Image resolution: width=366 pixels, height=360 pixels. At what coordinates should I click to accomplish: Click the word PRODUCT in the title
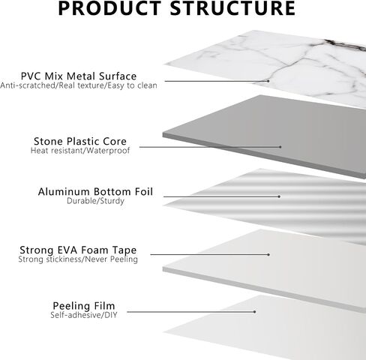[109, 8]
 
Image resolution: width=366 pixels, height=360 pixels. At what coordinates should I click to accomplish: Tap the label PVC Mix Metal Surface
[79, 76]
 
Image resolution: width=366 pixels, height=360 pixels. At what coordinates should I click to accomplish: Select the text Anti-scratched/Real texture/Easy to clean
[79, 85]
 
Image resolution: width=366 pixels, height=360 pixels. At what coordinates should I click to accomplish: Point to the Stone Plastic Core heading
[80, 141]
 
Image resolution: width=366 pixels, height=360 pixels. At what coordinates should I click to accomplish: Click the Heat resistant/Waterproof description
[80, 151]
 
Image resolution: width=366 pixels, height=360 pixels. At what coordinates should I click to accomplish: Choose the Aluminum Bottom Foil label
[95, 191]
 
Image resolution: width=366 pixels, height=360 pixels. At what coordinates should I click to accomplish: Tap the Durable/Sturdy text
[95, 201]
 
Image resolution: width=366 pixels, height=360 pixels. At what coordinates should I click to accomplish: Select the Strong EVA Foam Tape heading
[78, 250]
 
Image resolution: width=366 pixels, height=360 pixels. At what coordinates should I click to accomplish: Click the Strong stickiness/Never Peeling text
[78, 259]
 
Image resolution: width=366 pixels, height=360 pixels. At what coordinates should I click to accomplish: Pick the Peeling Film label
[84, 306]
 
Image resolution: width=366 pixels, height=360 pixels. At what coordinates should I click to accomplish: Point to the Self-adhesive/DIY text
[84, 315]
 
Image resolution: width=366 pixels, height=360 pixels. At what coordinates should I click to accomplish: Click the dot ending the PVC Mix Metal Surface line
[268, 81]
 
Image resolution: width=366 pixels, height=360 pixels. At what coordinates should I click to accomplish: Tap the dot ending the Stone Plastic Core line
[280, 147]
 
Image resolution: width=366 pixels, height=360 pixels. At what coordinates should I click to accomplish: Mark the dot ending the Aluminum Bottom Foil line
[279, 196]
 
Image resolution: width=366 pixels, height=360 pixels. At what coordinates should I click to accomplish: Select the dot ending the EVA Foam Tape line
[268, 255]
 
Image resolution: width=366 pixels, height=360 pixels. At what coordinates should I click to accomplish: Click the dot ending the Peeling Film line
[254, 312]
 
